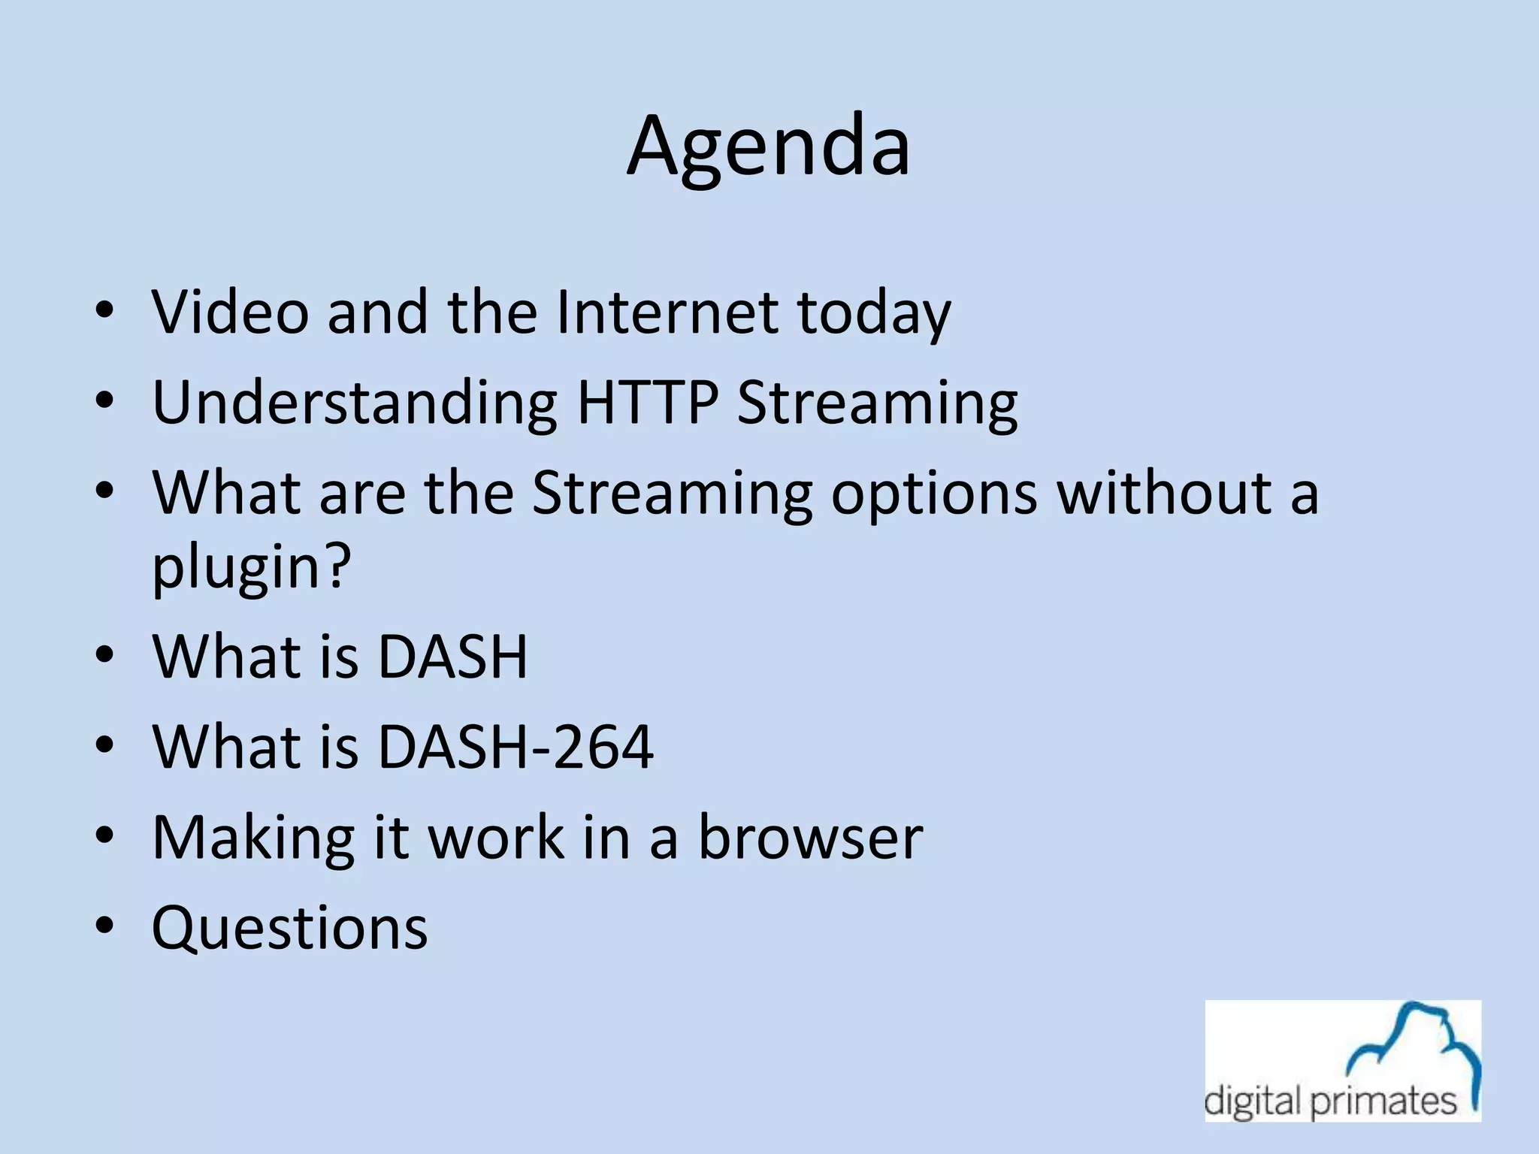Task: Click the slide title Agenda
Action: (768, 147)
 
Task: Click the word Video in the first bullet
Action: (230, 312)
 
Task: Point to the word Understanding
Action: (355, 404)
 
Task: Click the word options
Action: (933, 494)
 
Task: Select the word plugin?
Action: (252, 568)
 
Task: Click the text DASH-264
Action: (515, 747)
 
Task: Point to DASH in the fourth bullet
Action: (452, 657)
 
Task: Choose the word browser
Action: (810, 837)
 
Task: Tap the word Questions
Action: (289, 929)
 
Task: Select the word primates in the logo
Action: (1383, 1102)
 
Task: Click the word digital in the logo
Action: (1252, 1102)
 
